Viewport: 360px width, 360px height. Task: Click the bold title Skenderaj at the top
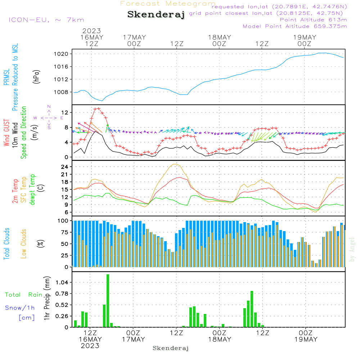(156, 15)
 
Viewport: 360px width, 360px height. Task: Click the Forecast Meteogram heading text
(168, 4)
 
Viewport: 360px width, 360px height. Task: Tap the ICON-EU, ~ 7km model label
(46, 20)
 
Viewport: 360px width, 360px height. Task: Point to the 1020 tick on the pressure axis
(62, 54)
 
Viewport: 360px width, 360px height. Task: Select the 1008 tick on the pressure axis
(62, 92)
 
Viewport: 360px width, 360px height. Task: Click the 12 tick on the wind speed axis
(65, 113)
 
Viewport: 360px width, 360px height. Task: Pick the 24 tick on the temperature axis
(65, 167)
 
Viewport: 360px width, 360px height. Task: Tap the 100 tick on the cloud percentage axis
(63, 220)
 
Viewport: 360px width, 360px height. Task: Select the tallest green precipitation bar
(108, 301)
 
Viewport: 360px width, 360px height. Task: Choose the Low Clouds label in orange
(24, 244)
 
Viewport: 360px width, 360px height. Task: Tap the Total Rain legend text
(24, 294)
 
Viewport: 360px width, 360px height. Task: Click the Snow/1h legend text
(20, 308)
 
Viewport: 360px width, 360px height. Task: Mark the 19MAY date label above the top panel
(305, 37)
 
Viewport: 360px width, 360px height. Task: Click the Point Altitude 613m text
(313, 20)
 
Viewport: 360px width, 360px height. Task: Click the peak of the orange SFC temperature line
(175, 164)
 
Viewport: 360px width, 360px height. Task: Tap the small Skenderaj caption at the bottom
(171, 348)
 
